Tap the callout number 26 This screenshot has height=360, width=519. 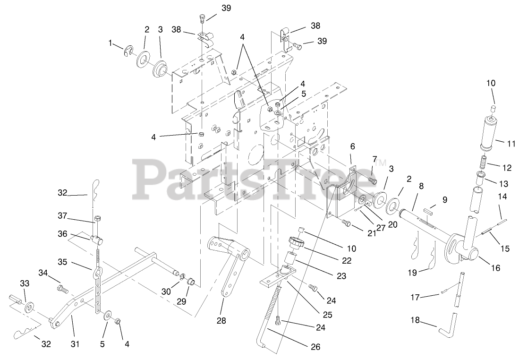pos(315,347)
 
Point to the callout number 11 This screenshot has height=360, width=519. pos(511,144)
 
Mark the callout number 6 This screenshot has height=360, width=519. pos(352,147)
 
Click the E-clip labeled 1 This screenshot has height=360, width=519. pos(129,51)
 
